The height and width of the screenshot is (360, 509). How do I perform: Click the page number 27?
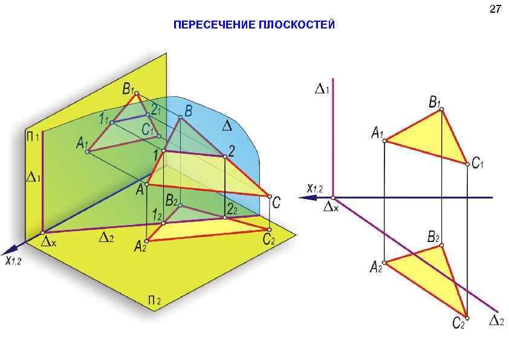495,9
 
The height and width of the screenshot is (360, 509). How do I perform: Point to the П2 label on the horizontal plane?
154,300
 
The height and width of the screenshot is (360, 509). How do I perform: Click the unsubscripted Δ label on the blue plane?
227,126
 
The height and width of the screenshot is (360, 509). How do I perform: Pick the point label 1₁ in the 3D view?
103,119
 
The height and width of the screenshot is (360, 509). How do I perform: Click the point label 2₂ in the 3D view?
232,209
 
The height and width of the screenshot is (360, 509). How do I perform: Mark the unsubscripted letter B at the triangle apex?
188,111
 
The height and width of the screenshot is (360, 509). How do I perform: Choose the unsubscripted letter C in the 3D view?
276,203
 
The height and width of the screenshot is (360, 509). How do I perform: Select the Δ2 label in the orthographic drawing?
496,320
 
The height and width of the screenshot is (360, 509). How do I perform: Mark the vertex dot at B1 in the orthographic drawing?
442,110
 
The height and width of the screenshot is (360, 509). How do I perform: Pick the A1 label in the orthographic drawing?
377,133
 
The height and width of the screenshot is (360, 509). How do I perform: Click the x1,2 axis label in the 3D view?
13,260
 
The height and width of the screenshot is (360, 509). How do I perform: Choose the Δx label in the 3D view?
48,241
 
